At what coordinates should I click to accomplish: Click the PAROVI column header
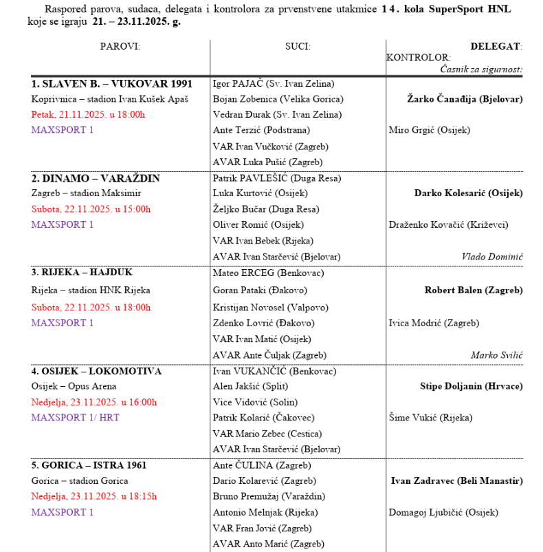[x=120, y=46]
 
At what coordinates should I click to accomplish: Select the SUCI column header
[x=298, y=46]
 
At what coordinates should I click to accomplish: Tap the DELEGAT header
[x=496, y=46]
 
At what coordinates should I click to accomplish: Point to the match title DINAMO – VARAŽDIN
[x=96, y=178]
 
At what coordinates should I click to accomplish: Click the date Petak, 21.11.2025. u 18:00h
[x=88, y=114]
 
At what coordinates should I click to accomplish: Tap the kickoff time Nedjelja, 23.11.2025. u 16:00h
[x=94, y=402]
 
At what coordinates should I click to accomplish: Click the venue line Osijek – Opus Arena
[x=74, y=386]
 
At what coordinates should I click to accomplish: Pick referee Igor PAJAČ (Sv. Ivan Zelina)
[x=274, y=83]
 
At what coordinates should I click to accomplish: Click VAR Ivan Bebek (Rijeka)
[x=263, y=241]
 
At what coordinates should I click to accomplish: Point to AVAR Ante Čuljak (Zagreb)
[x=269, y=355]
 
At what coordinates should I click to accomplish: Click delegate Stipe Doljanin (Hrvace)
[x=471, y=386]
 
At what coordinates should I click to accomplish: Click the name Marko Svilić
[x=497, y=355]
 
